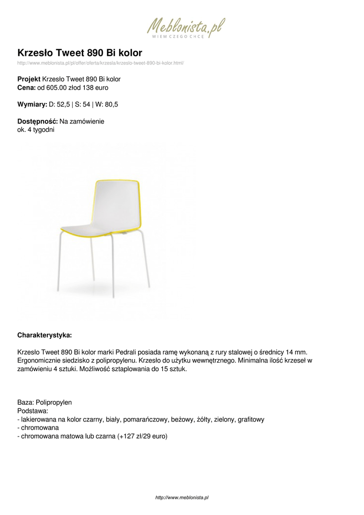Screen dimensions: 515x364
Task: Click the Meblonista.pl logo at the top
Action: (186, 28)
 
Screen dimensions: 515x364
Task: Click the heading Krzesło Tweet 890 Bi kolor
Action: (80, 53)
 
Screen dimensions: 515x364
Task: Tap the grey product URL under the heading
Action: (100, 63)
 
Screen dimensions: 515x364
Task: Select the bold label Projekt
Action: (29, 79)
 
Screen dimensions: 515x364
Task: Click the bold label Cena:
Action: (27, 88)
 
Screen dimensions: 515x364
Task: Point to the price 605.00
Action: (56, 88)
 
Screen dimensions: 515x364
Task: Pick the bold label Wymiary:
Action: (32, 105)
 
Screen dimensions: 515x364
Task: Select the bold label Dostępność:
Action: (38, 121)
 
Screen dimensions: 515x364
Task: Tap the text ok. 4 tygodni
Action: (36, 130)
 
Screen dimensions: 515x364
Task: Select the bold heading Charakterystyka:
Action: (45, 334)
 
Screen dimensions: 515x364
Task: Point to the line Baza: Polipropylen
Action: (45, 402)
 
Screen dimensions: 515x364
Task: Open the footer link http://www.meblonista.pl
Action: (182, 497)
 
